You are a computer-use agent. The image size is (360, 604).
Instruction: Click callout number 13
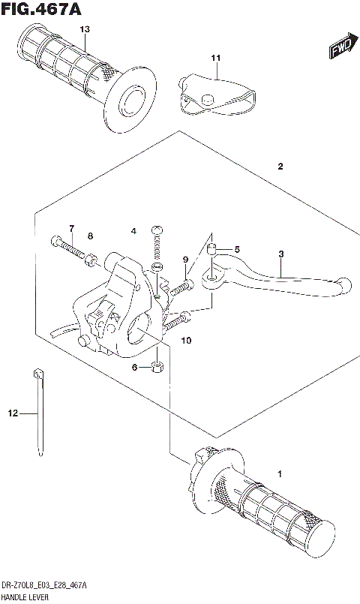click(x=85, y=29)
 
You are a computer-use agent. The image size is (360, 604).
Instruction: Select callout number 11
click(x=216, y=58)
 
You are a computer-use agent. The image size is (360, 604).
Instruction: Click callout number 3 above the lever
click(x=281, y=254)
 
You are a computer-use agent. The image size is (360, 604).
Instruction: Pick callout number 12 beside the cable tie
click(x=12, y=413)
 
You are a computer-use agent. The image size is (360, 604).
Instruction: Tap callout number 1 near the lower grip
click(x=280, y=473)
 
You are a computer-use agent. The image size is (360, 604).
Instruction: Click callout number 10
click(x=186, y=341)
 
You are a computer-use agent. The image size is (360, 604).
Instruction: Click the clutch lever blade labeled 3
click(x=285, y=281)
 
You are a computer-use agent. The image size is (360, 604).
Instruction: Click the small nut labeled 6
click(x=156, y=367)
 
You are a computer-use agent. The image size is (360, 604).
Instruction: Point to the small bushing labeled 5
click(x=212, y=249)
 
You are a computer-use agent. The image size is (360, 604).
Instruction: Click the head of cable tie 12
click(x=36, y=373)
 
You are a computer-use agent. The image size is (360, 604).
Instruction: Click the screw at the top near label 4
click(x=157, y=231)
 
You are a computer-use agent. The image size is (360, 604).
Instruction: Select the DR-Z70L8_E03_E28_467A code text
click(x=44, y=586)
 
